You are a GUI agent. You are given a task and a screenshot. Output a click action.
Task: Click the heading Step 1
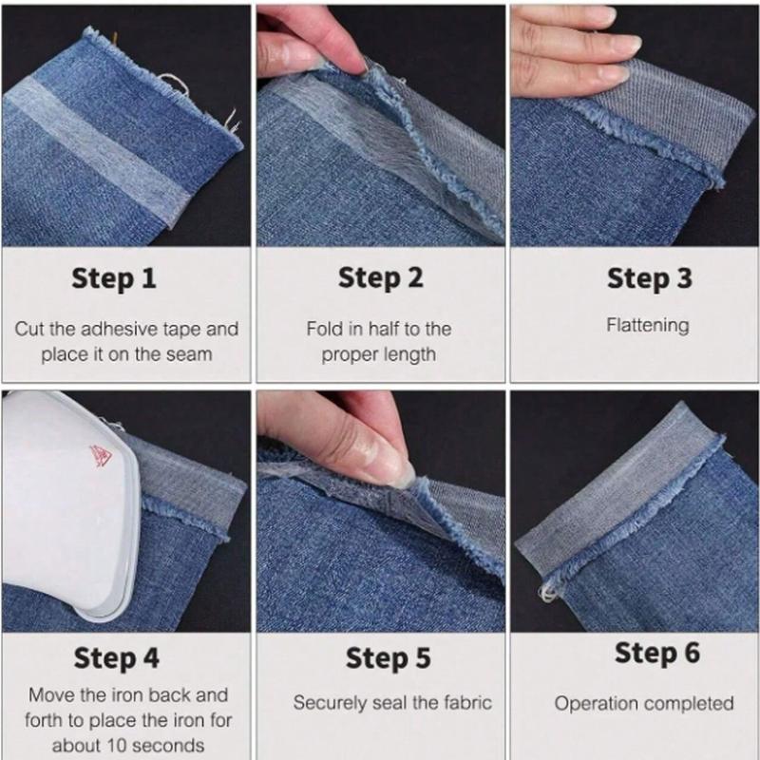[113, 278]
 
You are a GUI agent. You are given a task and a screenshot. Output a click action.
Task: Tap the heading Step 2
[380, 278]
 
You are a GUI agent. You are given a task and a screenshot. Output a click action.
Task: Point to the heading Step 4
[118, 657]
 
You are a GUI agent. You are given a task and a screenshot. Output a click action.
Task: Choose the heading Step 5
[387, 657]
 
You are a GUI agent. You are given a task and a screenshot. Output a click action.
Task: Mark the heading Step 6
[656, 653]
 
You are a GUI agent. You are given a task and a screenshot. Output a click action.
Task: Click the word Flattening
[647, 325]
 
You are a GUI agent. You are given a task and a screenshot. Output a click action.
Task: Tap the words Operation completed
[644, 704]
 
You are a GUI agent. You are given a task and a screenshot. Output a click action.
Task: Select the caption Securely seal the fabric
[392, 704]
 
